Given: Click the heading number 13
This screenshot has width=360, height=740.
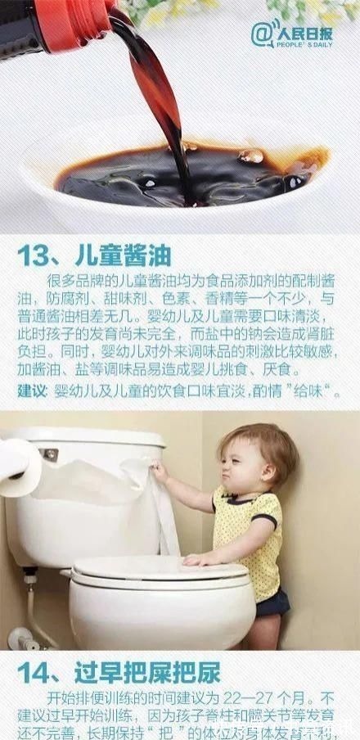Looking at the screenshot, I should [x=36, y=254].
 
